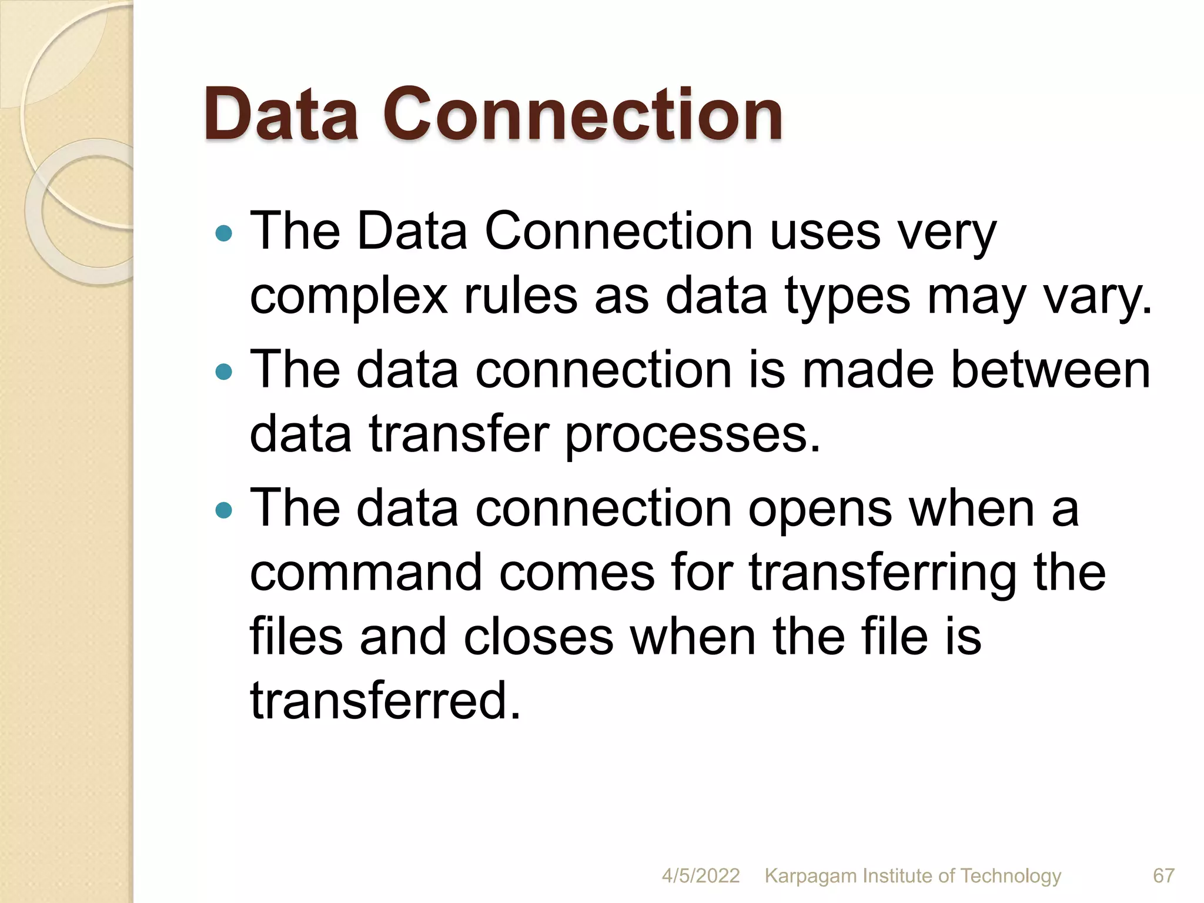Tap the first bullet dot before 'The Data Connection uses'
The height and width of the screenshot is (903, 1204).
pyautogui.click(x=224, y=234)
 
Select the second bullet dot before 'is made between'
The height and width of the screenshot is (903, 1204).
pyautogui.click(x=224, y=372)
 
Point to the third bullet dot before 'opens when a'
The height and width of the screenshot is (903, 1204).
pyautogui.click(x=224, y=510)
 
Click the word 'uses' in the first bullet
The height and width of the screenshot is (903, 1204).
pyautogui.click(x=825, y=231)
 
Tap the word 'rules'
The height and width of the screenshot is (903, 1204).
pyautogui.click(x=521, y=296)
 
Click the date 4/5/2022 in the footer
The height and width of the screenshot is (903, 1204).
pyautogui.click(x=700, y=875)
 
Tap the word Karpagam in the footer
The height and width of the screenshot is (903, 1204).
pyautogui.click(x=811, y=877)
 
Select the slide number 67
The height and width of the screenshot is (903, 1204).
pyautogui.click(x=1163, y=875)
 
